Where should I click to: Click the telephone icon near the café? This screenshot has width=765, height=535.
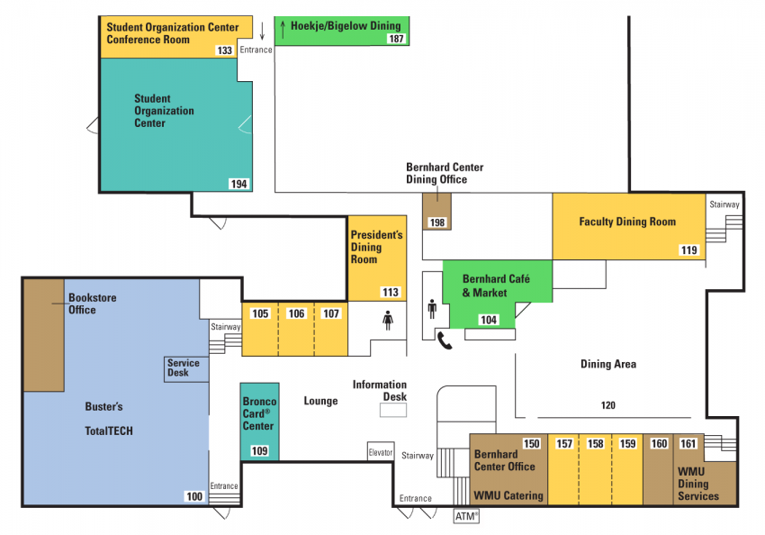click(x=445, y=340)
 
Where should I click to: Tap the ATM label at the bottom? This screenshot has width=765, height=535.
click(x=466, y=516)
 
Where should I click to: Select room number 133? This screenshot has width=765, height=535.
click(x=225, y=50)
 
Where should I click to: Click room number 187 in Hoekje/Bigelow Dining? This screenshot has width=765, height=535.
click(x=396, y=39)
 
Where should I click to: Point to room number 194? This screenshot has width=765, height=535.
click(x=238, y=184)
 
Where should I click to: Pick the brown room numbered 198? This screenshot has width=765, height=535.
click(x=437, y=222)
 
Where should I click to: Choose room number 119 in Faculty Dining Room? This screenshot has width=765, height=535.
click(x=689, y=249)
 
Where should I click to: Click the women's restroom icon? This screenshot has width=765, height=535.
click(x=388, y=320)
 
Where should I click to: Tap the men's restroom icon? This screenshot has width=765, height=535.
click(x=432, y=310)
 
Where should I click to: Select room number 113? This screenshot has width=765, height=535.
click(x=390, y=292)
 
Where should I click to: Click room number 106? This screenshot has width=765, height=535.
click(x=296, y=313)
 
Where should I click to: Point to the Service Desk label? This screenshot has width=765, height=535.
click(x=184, y=367)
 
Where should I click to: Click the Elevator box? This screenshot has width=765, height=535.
click(x=381, y=452)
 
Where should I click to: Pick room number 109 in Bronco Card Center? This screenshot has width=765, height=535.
click(x=259, y=450)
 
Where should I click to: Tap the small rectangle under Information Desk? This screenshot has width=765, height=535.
click(x=392, y=410)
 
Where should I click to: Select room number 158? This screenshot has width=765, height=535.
click(x=596, y=443)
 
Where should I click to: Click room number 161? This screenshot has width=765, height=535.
click(x=688, y=443)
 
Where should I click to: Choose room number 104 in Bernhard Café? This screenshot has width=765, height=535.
click(x=489, y=320)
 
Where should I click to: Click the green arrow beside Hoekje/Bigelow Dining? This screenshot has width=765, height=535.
click(x=281, y=25)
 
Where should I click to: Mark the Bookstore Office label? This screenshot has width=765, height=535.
click(x=93, y=304)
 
